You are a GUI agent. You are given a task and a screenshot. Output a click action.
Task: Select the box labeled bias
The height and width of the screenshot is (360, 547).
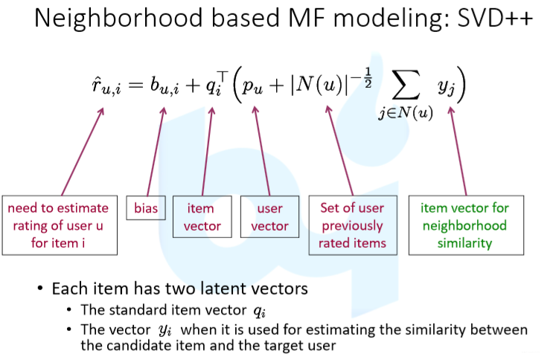coord(145,208)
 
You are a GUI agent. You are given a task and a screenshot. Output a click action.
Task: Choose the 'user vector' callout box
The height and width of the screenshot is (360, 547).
coord(269,216)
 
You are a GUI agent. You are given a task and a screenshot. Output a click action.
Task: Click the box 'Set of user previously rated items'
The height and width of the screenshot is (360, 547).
coord(352,225)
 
